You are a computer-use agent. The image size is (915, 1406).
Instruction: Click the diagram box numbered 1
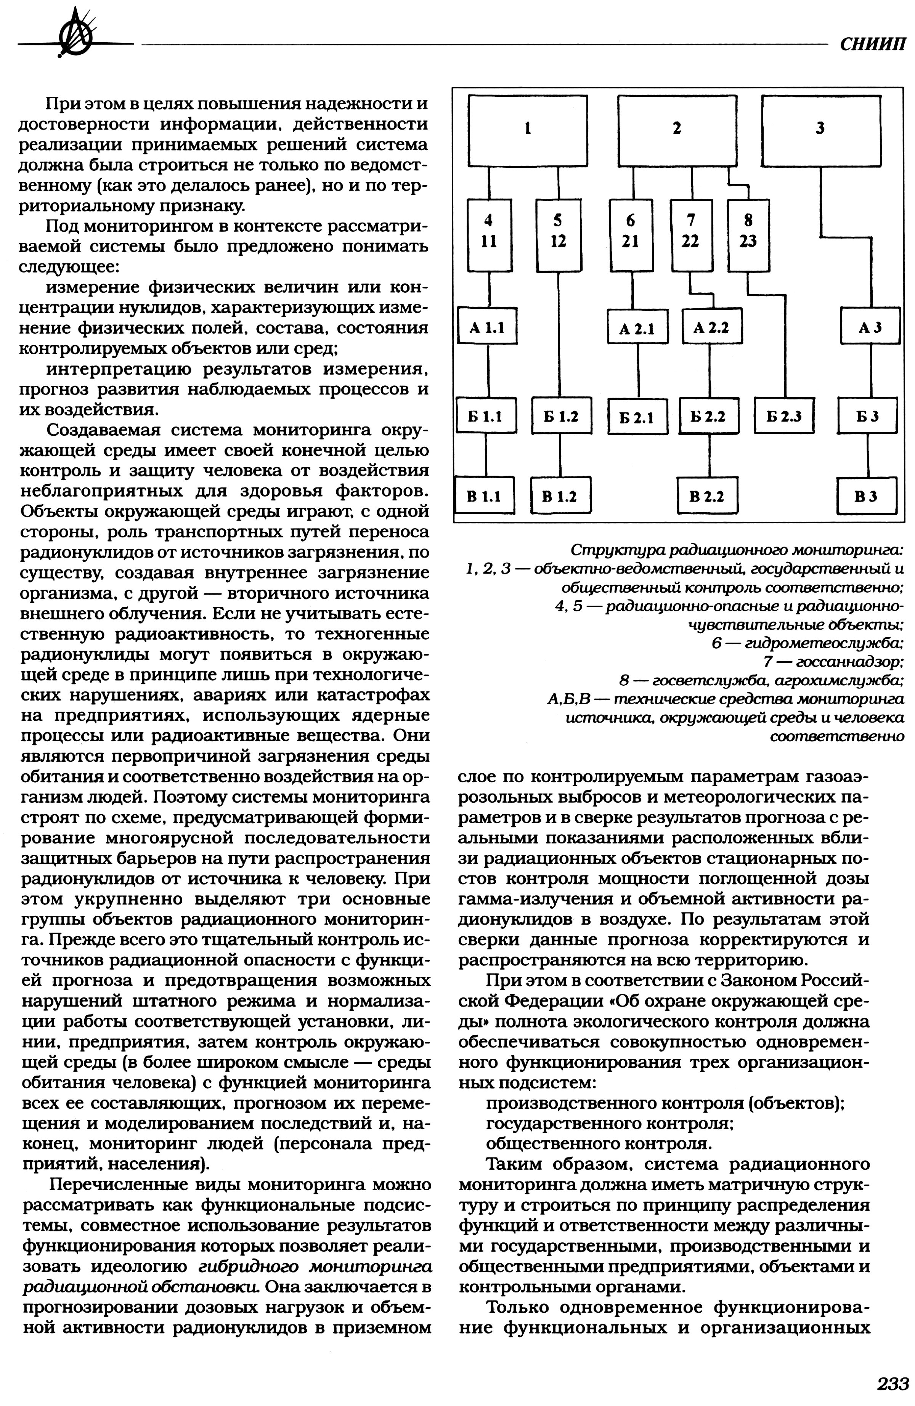coord(528,131)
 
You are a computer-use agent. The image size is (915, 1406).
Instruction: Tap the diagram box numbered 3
coord(821,131)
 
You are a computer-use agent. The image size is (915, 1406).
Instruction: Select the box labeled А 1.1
coord(488,326)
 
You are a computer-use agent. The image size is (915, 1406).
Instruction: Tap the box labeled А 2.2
coord(711,326)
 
